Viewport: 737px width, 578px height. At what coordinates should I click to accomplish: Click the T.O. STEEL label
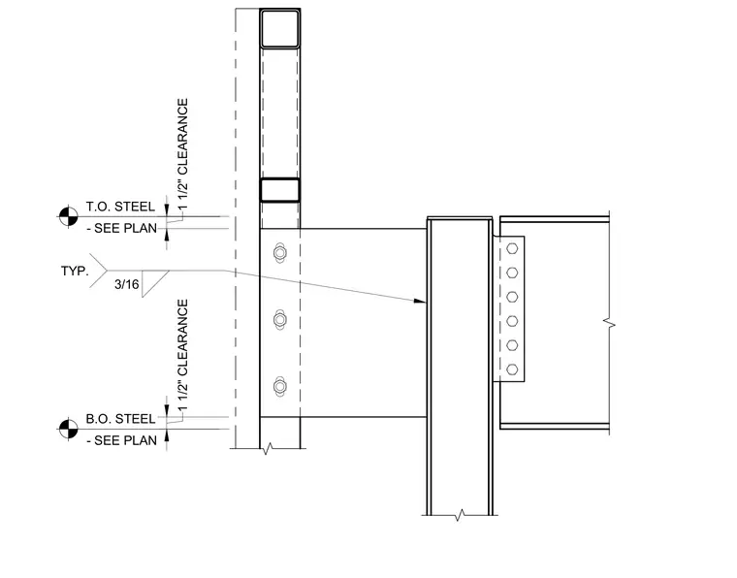pyautogui.click(x=120, y=207)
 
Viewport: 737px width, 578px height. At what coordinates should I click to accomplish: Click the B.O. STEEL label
pyautogui.click(x=120, y=419)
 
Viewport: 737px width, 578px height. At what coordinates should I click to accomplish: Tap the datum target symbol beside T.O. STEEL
pyautogui.click(x=68, y=216)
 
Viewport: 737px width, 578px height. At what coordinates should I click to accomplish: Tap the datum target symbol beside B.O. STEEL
pyautogui.click(x=68, y=429)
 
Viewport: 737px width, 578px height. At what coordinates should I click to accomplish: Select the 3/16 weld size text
pyautogui.click(x=127, y=284)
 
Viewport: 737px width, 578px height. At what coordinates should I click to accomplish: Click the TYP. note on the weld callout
pyautogui.click(x=75, y=272)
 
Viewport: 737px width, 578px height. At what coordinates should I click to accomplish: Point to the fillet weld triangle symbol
pyautogui.click(x=155, y=283)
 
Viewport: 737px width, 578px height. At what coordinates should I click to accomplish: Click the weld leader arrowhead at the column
pyautogui.click(x=419, y=301)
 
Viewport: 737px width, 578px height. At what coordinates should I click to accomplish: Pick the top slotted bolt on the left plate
pyautogui.click(x=280, y=253)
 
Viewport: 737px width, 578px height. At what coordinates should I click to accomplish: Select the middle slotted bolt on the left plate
pyautogui.click(x=280, y=320)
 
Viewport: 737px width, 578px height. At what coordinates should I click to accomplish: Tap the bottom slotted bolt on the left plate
pyautogui.click(x=280, y=387)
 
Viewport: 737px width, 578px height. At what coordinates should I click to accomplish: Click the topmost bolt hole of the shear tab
pyautogui.click(x=512, y=248)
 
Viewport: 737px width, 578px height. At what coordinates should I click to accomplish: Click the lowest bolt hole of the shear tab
pyautogui.click(x=512, y=369)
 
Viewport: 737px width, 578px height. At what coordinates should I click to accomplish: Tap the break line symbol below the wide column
pyautogui.click(x=461, y=515)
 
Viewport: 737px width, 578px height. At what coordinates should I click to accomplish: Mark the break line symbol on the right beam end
pyautogui.click(x=610, y=323)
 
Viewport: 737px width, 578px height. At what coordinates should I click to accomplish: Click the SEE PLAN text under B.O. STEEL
pyautogui.click(x=122, y=441)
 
